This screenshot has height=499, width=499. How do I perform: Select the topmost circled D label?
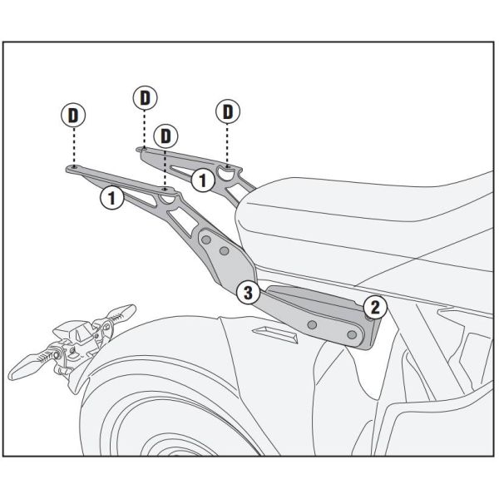click(x=145, y=97)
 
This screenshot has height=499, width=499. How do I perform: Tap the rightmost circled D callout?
click(x=226, y=111)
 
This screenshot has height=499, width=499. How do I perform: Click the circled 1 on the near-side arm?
click(x=111, y=198)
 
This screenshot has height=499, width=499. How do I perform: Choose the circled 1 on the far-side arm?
click(x=200, y=179)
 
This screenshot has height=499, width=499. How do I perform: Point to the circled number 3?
click(x=246, y=292)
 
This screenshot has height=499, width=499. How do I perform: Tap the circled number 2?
click(x=374, y=308)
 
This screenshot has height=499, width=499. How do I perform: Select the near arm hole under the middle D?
click(x=167, y=190)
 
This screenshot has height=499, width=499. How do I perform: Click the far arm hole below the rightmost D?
click(x=226, y=169)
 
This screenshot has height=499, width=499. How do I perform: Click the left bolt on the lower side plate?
click(x=312, y=324)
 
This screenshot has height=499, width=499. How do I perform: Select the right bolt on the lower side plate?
click(x=352, y=334)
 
